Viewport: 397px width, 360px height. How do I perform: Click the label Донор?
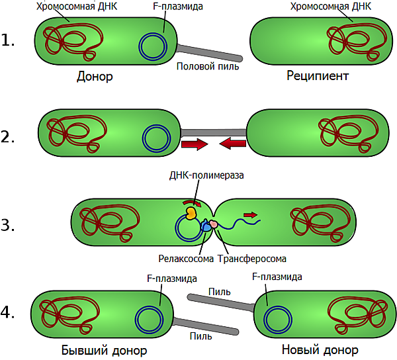pos(95,76)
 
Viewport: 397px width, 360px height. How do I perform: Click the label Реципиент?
pos(318,76)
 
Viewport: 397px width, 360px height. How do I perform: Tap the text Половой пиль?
pos(208,66)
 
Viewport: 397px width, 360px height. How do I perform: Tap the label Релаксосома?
pos(186,258)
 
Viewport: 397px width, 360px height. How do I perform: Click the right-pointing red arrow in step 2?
pos(195,144)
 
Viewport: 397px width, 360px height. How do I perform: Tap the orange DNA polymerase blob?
pos(190,213)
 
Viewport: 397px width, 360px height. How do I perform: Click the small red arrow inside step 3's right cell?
pos(251,214)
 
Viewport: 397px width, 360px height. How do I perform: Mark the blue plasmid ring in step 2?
pos(157,138)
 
